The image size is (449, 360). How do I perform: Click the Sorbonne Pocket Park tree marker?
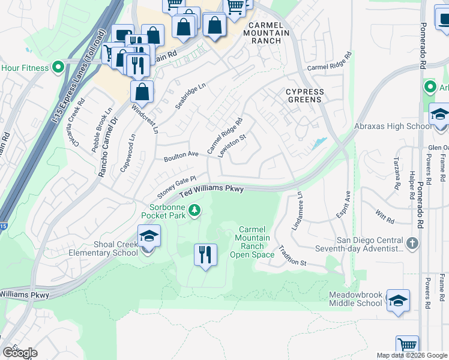(x=194, y=210)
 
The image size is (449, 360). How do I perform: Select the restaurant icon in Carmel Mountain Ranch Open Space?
(x=205, y=255)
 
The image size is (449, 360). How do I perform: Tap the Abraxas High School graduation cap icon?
(x=439, y=116)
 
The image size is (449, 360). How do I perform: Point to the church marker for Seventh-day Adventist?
(x=412, y=244)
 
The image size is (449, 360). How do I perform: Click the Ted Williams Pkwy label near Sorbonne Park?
(x=212, y=190)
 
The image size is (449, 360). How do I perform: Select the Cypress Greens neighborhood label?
(x=304, y=95)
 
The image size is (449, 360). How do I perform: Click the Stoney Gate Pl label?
(x=177, y=188)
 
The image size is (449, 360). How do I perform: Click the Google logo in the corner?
(x=19, y=353)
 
